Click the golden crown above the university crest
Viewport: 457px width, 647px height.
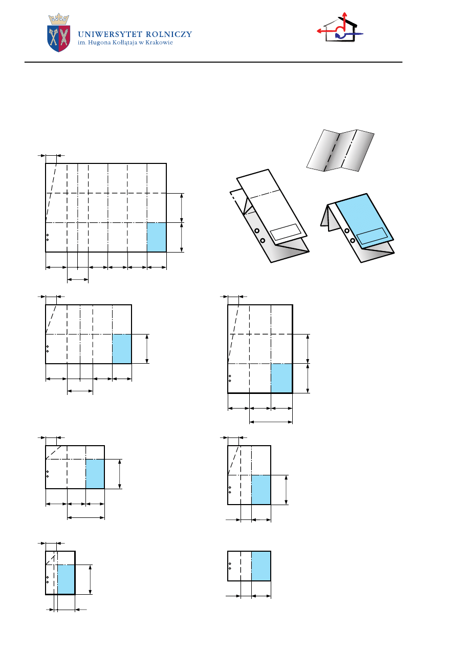point(58,19)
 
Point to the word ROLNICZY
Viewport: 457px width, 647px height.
point(169,34)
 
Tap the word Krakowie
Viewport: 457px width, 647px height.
point(159,43)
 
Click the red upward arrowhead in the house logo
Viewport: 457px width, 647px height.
point(344,15)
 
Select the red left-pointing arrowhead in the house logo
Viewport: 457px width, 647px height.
point(319,31)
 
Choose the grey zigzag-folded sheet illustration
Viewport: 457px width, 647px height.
point(340,151)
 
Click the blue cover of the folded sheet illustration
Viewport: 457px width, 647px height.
point(364,220)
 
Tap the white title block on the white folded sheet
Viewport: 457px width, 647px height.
point(286,232)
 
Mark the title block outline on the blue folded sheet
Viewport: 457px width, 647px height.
point(372,236)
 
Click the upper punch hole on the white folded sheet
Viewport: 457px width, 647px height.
point(256,231)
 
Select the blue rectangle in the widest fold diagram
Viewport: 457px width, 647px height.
point(157,237)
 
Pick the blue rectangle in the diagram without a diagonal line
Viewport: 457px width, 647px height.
point(261,566)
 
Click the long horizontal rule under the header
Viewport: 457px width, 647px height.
point(213,62)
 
